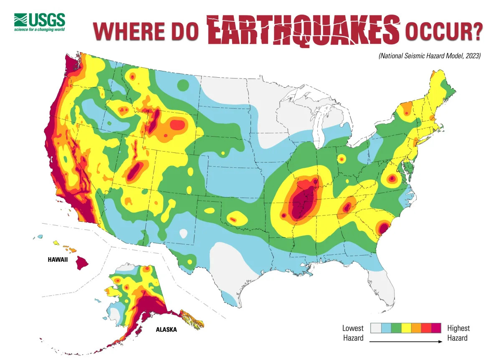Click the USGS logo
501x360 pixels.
(40, 22)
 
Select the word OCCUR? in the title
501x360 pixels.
(443, 32)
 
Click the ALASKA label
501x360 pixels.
(166, 330)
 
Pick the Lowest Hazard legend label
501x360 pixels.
(353, 333)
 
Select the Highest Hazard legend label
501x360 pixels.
(458, 333)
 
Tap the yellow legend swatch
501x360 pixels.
(405, 328)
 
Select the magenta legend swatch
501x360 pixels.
(436, 328)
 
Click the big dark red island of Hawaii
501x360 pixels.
(82, 262)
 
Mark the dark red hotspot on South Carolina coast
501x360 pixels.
(383, 228)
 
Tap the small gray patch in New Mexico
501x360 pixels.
(183, 233)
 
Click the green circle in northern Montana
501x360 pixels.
(183, 85)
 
